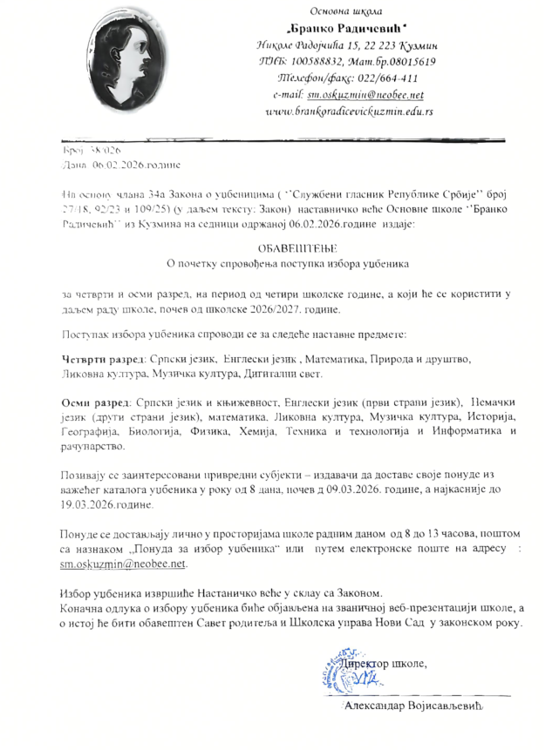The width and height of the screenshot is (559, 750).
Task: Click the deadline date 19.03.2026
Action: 87,504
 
